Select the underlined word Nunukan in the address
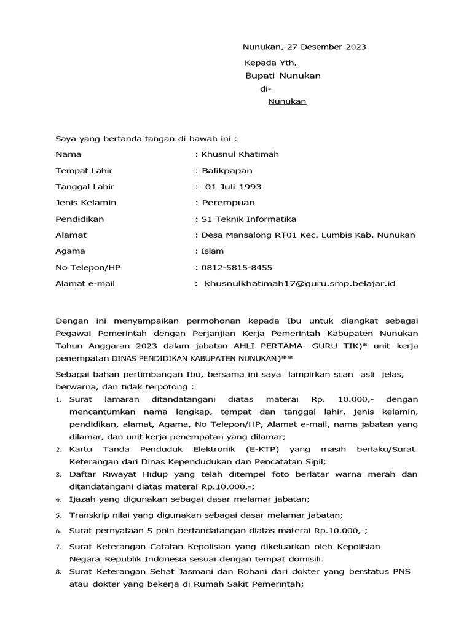(x=287, y=102)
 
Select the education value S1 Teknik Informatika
(x=248, y=219)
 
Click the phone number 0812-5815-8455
(x=237, y=267)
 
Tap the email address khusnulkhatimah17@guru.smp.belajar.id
(x=299, y=284)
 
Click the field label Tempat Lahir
(x=84, y=171)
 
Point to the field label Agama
(x=70, y=251)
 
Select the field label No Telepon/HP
(x=88, y=267)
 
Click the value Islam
(x=212, y=251)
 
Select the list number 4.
(x=58, y=500)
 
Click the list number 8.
(x=58, y=572)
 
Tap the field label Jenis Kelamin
(x=85, y=203)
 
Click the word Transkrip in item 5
(x=88, y=515)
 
